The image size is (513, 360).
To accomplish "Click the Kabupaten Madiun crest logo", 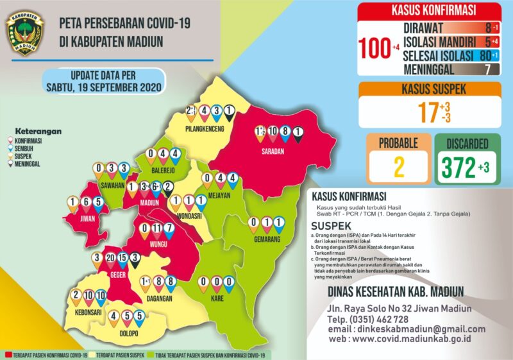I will pos(24,31).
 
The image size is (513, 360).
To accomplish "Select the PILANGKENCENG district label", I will pos(203,128).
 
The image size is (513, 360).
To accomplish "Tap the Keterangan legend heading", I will pos(39,132).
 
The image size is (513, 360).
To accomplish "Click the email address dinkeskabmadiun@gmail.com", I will pos(414,329).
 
